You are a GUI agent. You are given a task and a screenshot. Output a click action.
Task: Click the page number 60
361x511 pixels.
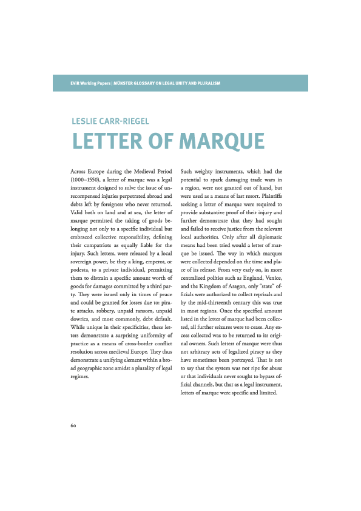click(73, 425)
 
